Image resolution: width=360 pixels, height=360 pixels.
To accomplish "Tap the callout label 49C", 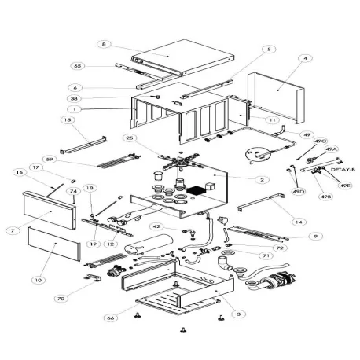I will (x=321, y=141).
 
